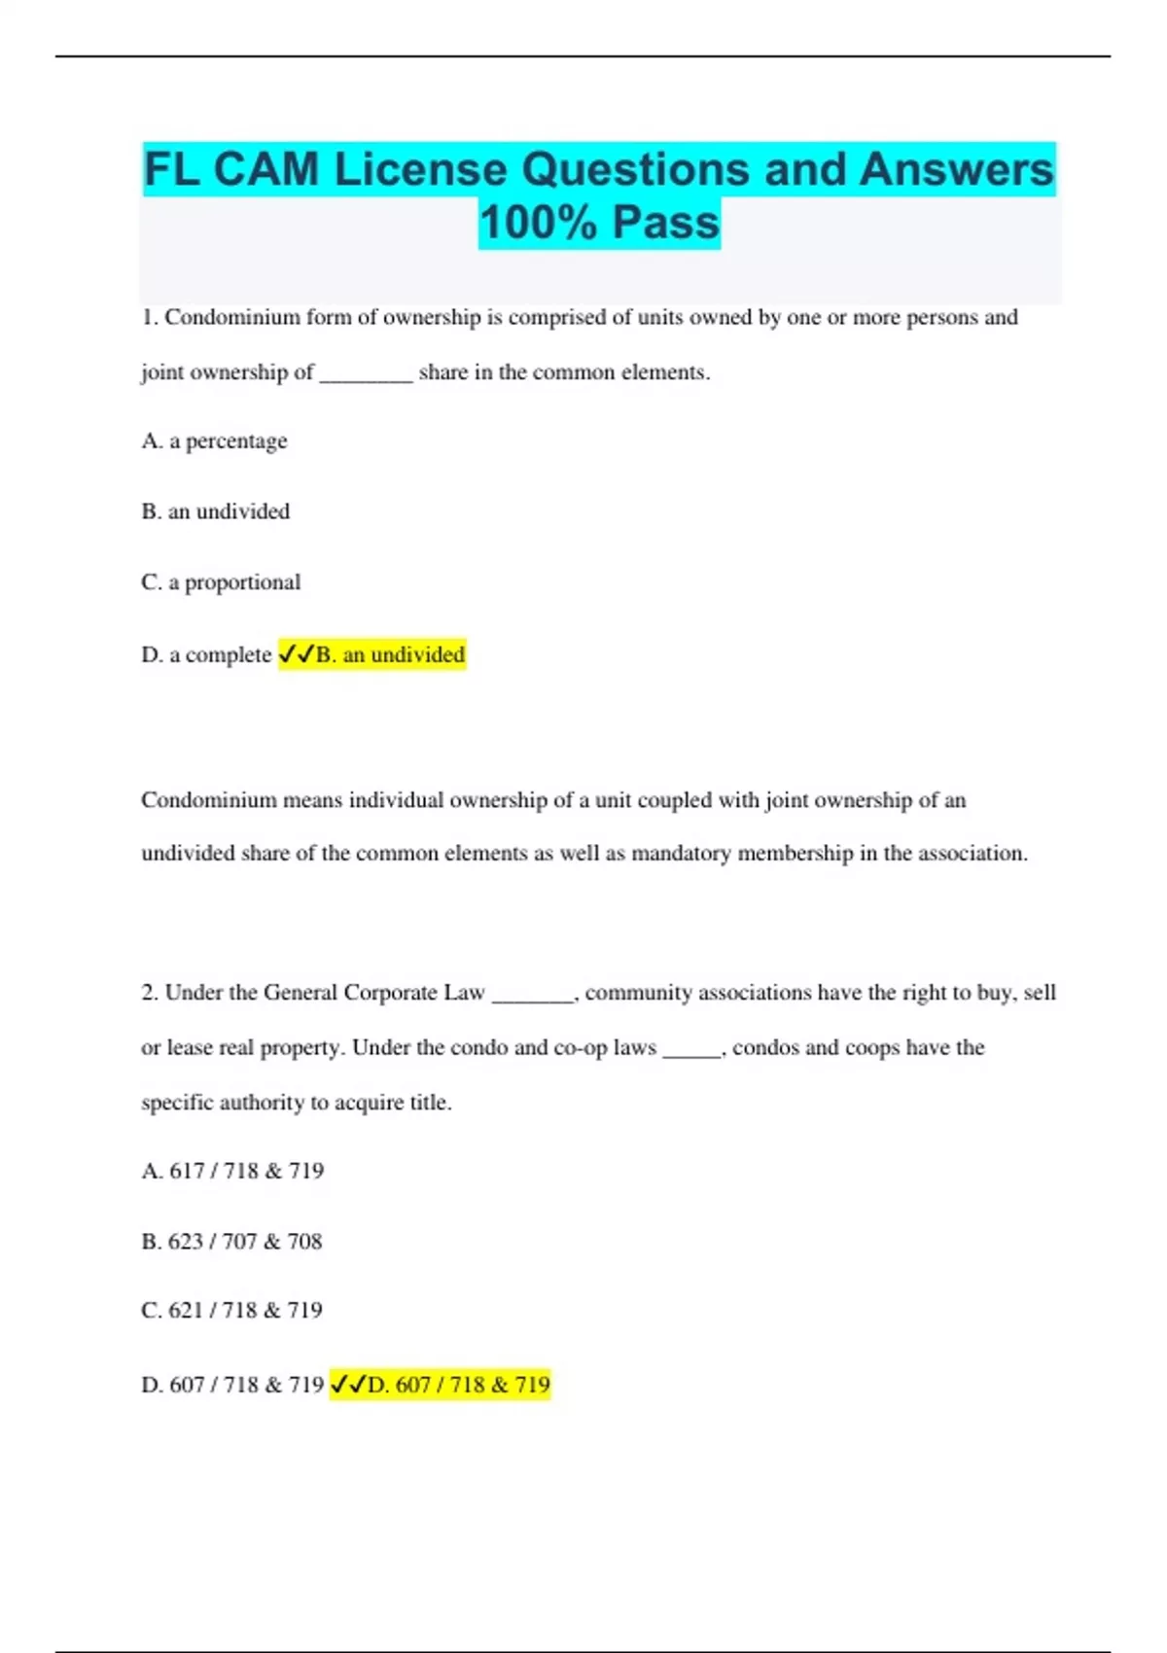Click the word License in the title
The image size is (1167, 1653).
tap(421, 169)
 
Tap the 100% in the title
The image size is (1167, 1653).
tap(537, 222)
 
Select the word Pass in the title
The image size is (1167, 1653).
tap(666, 222)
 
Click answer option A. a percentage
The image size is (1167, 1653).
tap(214, 441)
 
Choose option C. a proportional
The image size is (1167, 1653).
tap(221, 582)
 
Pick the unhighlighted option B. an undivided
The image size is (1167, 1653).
tap(215, 511)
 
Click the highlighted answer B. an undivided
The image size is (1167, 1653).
tap(389, 654)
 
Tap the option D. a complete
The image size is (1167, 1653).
tap(206, 655)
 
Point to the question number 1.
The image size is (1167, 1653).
tap(149, 318)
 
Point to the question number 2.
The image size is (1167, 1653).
tap(149, 993)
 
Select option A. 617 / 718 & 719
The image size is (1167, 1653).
tap(232, 1171)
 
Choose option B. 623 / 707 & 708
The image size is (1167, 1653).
tap(231, 1242)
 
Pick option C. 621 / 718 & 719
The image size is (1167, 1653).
tap(231, 1311)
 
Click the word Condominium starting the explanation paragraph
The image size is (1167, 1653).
tap(208, 800)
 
